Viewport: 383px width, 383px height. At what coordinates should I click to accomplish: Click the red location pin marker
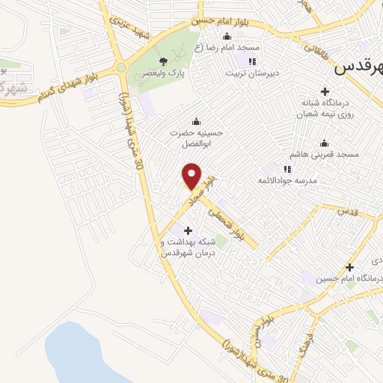point(192,176)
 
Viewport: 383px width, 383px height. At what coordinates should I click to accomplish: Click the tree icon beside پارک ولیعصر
point(164,61)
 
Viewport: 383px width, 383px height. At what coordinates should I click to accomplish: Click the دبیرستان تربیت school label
point(251,73)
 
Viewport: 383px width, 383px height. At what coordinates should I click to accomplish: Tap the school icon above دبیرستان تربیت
point(252,61)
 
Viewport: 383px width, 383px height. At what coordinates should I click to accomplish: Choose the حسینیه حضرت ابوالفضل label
point(195,138)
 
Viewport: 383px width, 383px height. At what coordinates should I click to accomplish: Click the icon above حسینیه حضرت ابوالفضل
point(196,122)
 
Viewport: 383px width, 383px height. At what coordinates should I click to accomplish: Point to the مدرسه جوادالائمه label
point(288,181)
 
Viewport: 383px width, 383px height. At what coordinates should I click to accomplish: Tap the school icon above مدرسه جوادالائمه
point(287,169)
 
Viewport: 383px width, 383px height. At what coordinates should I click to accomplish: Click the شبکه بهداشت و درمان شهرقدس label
point(188,248)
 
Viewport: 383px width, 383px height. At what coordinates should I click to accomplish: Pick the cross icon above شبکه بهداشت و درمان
point(188,230)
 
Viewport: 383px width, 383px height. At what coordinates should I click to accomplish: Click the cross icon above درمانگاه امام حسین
point(349,267)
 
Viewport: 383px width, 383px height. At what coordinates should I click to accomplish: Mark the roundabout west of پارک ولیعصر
point(120,68)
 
